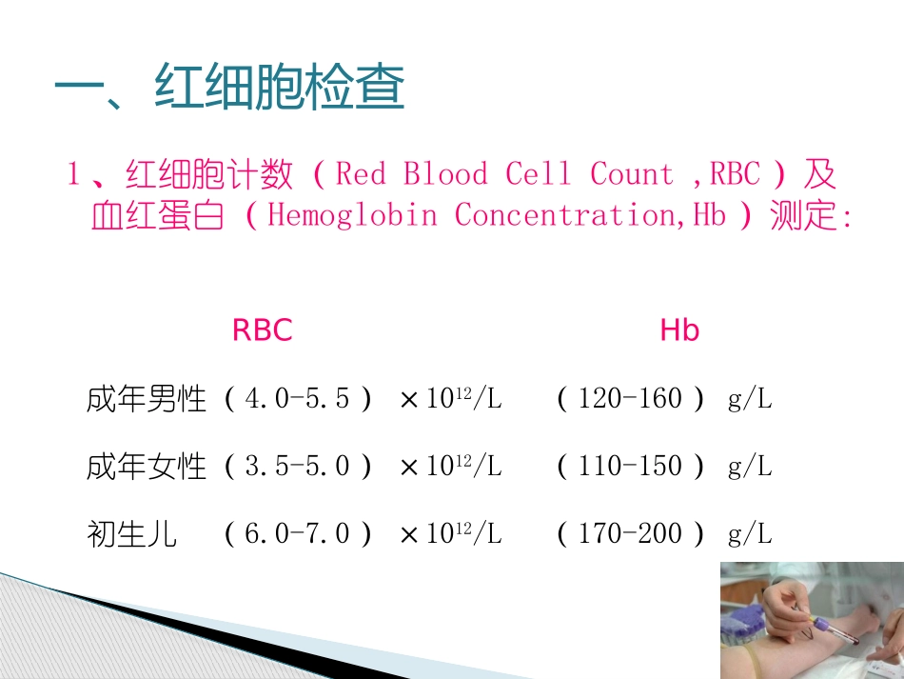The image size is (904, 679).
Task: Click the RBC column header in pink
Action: pos(262,330)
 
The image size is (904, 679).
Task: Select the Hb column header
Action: pos(679,330)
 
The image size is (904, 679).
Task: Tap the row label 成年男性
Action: pos(146,399)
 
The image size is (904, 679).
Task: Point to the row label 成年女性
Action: pos(146,467)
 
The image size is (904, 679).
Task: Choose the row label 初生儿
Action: pos(131,534)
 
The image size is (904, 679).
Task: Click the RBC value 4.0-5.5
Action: pos(297,399)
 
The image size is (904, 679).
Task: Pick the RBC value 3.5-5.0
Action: pos(297,467)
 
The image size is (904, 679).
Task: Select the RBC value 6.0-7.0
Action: pos(297,534)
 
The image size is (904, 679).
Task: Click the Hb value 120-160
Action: pos(630,399)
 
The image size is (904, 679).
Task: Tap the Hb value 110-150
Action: pos(630,467)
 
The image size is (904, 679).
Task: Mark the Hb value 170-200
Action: pos(630,534)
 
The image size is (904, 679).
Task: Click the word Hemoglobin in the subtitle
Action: pos(352,215)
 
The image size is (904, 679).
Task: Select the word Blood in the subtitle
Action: pos(445,174)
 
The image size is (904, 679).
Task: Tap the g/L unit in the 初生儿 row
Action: pos(750,534)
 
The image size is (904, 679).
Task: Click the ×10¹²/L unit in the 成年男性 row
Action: pos(451,399)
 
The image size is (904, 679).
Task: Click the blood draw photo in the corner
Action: pos(811,620)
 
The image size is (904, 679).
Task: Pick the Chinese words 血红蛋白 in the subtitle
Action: pos(157,216)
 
